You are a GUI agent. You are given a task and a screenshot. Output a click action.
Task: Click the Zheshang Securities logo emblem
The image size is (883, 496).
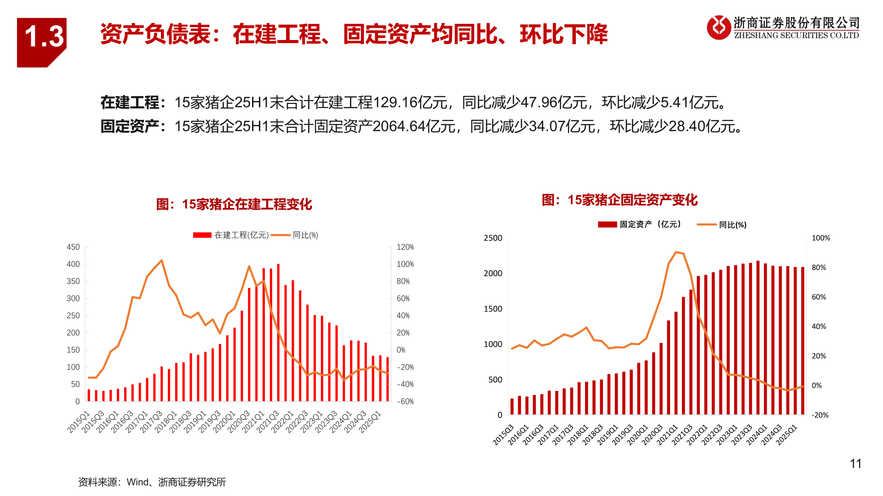click(718, 28)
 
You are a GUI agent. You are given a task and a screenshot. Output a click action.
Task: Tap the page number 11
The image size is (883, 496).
click(855, 464)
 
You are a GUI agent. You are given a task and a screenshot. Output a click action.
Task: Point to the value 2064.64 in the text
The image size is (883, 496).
click(399, 126)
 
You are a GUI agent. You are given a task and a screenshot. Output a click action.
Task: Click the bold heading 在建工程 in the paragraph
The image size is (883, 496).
click(130, 102)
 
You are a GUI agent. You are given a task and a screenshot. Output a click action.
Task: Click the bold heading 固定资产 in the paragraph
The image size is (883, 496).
click(130, 126)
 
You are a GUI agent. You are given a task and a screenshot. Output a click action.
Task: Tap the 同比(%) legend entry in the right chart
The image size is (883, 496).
click(732, 225)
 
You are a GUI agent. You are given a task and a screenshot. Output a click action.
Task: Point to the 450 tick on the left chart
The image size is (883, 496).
click(73, 247)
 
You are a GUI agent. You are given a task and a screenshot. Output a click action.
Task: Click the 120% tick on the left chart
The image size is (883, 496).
click(405, 247)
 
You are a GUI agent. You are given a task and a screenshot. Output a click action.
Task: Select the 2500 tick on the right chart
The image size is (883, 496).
click(493, 238)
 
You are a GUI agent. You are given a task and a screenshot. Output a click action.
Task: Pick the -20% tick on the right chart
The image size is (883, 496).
click(820, 415)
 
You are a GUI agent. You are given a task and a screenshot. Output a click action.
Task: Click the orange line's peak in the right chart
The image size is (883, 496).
click(676, 252)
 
